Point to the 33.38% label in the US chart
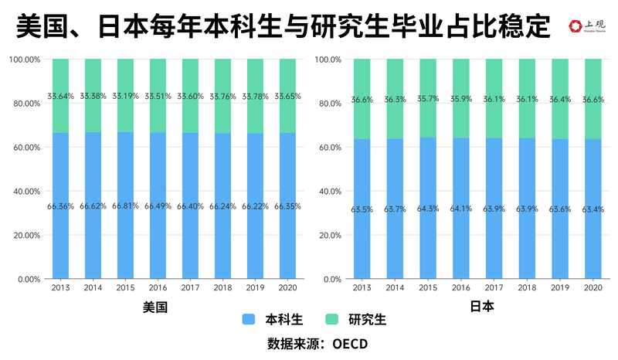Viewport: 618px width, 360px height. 93,97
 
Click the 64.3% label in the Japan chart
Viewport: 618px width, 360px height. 428,209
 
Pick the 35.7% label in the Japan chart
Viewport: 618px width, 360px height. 428,99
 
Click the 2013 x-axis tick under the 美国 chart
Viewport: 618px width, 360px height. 60,287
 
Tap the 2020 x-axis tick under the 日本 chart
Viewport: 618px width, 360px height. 593,287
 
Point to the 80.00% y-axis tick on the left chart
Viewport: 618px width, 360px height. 25,104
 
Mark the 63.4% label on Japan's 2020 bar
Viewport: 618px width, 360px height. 593,209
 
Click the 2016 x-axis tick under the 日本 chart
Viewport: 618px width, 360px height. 461,287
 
